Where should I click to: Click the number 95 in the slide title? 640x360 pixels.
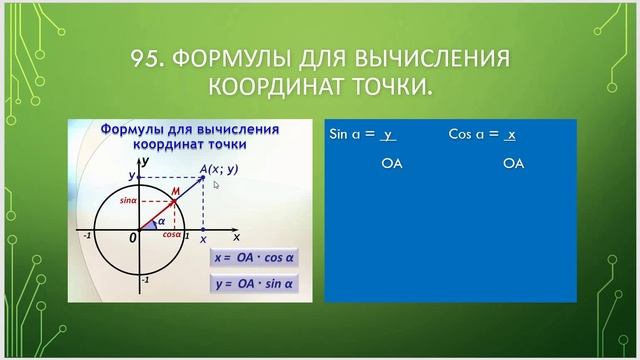click(147, 61)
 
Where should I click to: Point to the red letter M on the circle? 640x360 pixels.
click(175, 190)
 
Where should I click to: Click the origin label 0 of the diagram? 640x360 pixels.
click(132, 239)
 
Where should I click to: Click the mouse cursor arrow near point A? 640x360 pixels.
click(216, 184)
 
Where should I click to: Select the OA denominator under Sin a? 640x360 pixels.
click(392, 162)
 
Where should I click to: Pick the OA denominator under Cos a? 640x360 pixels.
click(513, 162)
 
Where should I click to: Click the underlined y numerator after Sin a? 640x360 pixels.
click(390, 133)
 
